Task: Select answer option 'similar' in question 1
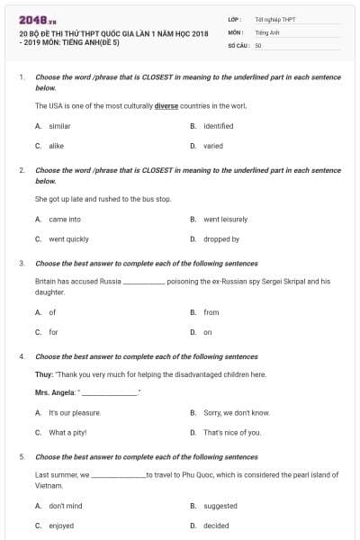pyautogui.click(x=59, y=126)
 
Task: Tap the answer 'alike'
pyautogui.click(x=57, y=145)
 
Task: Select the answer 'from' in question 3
pyautogui.click(x=211, y=312)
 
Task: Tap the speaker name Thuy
pyautogui.click(x=44, y=374)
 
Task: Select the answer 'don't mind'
pyautogui.click(x=66, y=506)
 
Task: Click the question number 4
pyautogui.click(x=21, y=356)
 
